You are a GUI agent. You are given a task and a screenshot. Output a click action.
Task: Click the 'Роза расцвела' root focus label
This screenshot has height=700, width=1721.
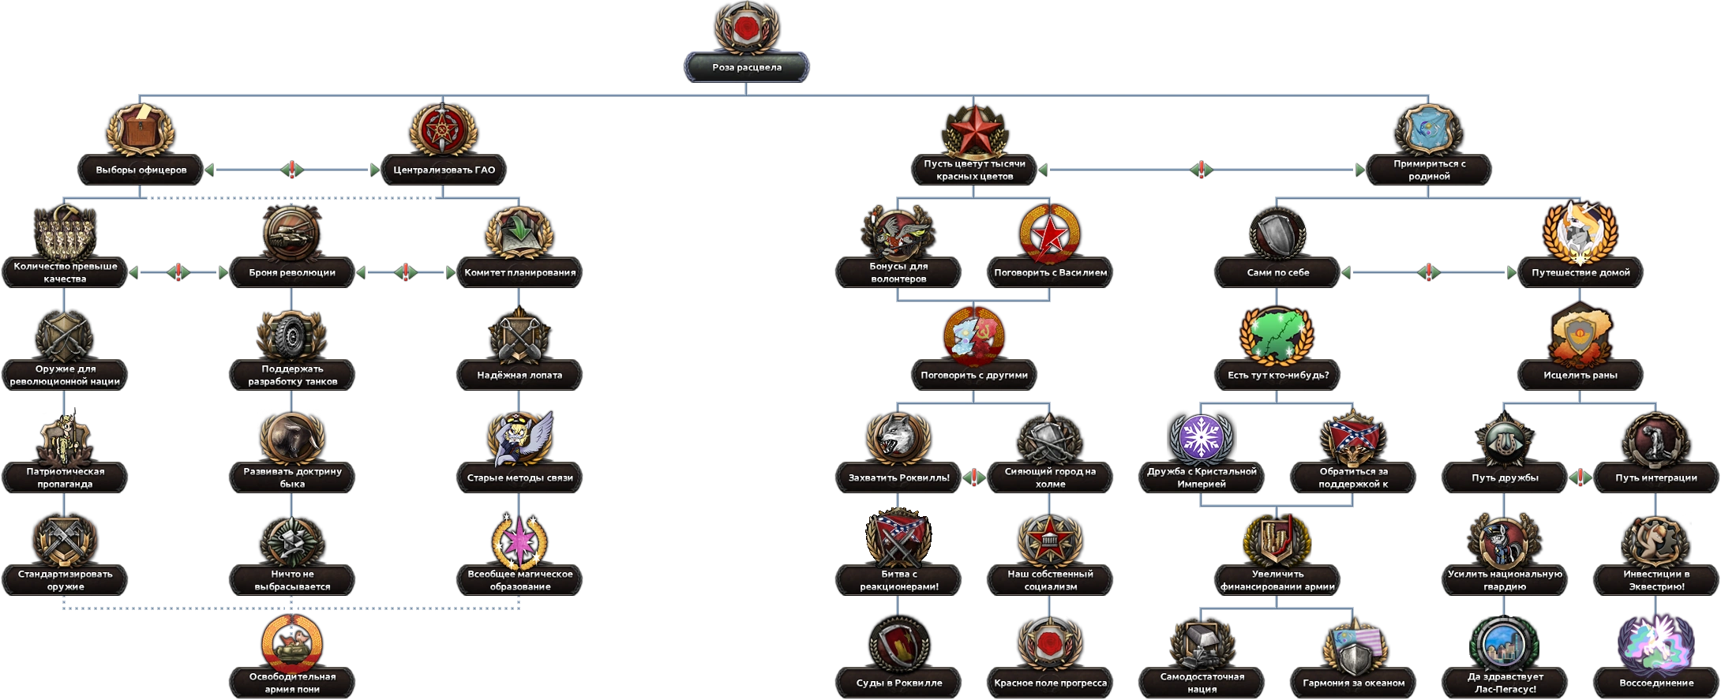click(x=747, y=68)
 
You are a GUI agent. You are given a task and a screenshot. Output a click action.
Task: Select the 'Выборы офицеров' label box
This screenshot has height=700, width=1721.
click(x=141, y=170)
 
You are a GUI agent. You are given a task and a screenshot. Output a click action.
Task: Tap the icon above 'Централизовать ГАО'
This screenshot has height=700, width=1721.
click(x=444, y=129)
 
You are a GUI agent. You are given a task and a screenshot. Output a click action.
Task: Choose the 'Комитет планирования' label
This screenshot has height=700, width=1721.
click(x=519, y=273)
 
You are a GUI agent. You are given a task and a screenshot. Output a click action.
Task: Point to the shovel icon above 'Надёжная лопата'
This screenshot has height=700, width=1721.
click(x=519, y=335)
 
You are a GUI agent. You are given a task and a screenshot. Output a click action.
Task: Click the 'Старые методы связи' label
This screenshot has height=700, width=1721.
click(x=519, y=478)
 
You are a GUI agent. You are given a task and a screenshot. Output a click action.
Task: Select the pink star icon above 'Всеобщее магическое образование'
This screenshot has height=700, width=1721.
click(x=519, y=541)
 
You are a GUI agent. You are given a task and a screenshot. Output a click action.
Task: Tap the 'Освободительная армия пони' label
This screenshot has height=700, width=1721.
click(x=292, y=683)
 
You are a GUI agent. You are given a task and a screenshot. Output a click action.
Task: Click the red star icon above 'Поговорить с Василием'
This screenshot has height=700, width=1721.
click(x=1050, y=234)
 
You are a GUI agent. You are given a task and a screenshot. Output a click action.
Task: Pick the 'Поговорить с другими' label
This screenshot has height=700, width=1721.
click(x=974, y=376)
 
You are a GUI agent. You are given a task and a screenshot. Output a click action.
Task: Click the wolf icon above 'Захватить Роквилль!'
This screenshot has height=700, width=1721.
click(x=898, y=439)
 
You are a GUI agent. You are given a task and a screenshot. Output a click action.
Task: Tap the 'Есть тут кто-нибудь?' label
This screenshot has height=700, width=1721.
click(x=1277, y=376)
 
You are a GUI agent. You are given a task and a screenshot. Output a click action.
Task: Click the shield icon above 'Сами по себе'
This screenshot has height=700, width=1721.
click(x=1277, y=234)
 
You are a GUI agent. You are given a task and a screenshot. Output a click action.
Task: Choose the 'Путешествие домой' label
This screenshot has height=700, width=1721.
click(x=1580, y=273)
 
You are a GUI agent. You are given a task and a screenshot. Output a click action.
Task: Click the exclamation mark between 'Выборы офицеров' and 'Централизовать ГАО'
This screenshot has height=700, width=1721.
click(x=292, y=170)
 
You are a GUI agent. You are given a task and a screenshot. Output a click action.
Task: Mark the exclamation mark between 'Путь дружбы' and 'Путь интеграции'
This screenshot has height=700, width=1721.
click(x=1580, y=477)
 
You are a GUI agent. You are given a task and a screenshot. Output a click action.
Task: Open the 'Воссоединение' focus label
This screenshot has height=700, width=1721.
click(x=1656, y=683)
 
